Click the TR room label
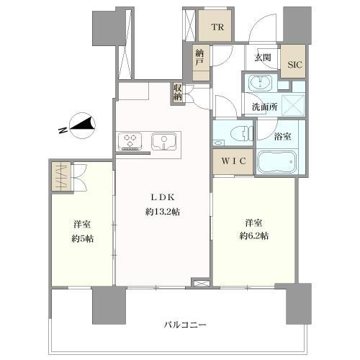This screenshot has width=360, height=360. (217, 27)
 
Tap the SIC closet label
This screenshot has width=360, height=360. (295, 64)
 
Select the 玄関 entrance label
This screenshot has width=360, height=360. (263, 58)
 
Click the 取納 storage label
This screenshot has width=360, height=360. (178, 93)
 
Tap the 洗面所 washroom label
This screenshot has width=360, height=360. (265, 107)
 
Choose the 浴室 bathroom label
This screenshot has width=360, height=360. (282, 137)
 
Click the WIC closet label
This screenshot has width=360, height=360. (233, 161)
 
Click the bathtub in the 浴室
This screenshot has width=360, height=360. (276, 162)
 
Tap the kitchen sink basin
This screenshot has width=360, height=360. (164, 141)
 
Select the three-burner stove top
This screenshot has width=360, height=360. (130, 141)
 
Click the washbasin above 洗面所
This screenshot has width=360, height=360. (261, 83)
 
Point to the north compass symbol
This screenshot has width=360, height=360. (83, 127)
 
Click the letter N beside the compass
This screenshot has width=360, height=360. (63, 130)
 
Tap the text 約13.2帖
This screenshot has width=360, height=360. (163, 212)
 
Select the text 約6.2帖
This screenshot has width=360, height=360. (253, 236)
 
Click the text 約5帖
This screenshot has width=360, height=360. (82, 239)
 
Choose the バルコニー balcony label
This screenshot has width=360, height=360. (185, 325)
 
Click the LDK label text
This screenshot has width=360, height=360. (163, 197)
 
